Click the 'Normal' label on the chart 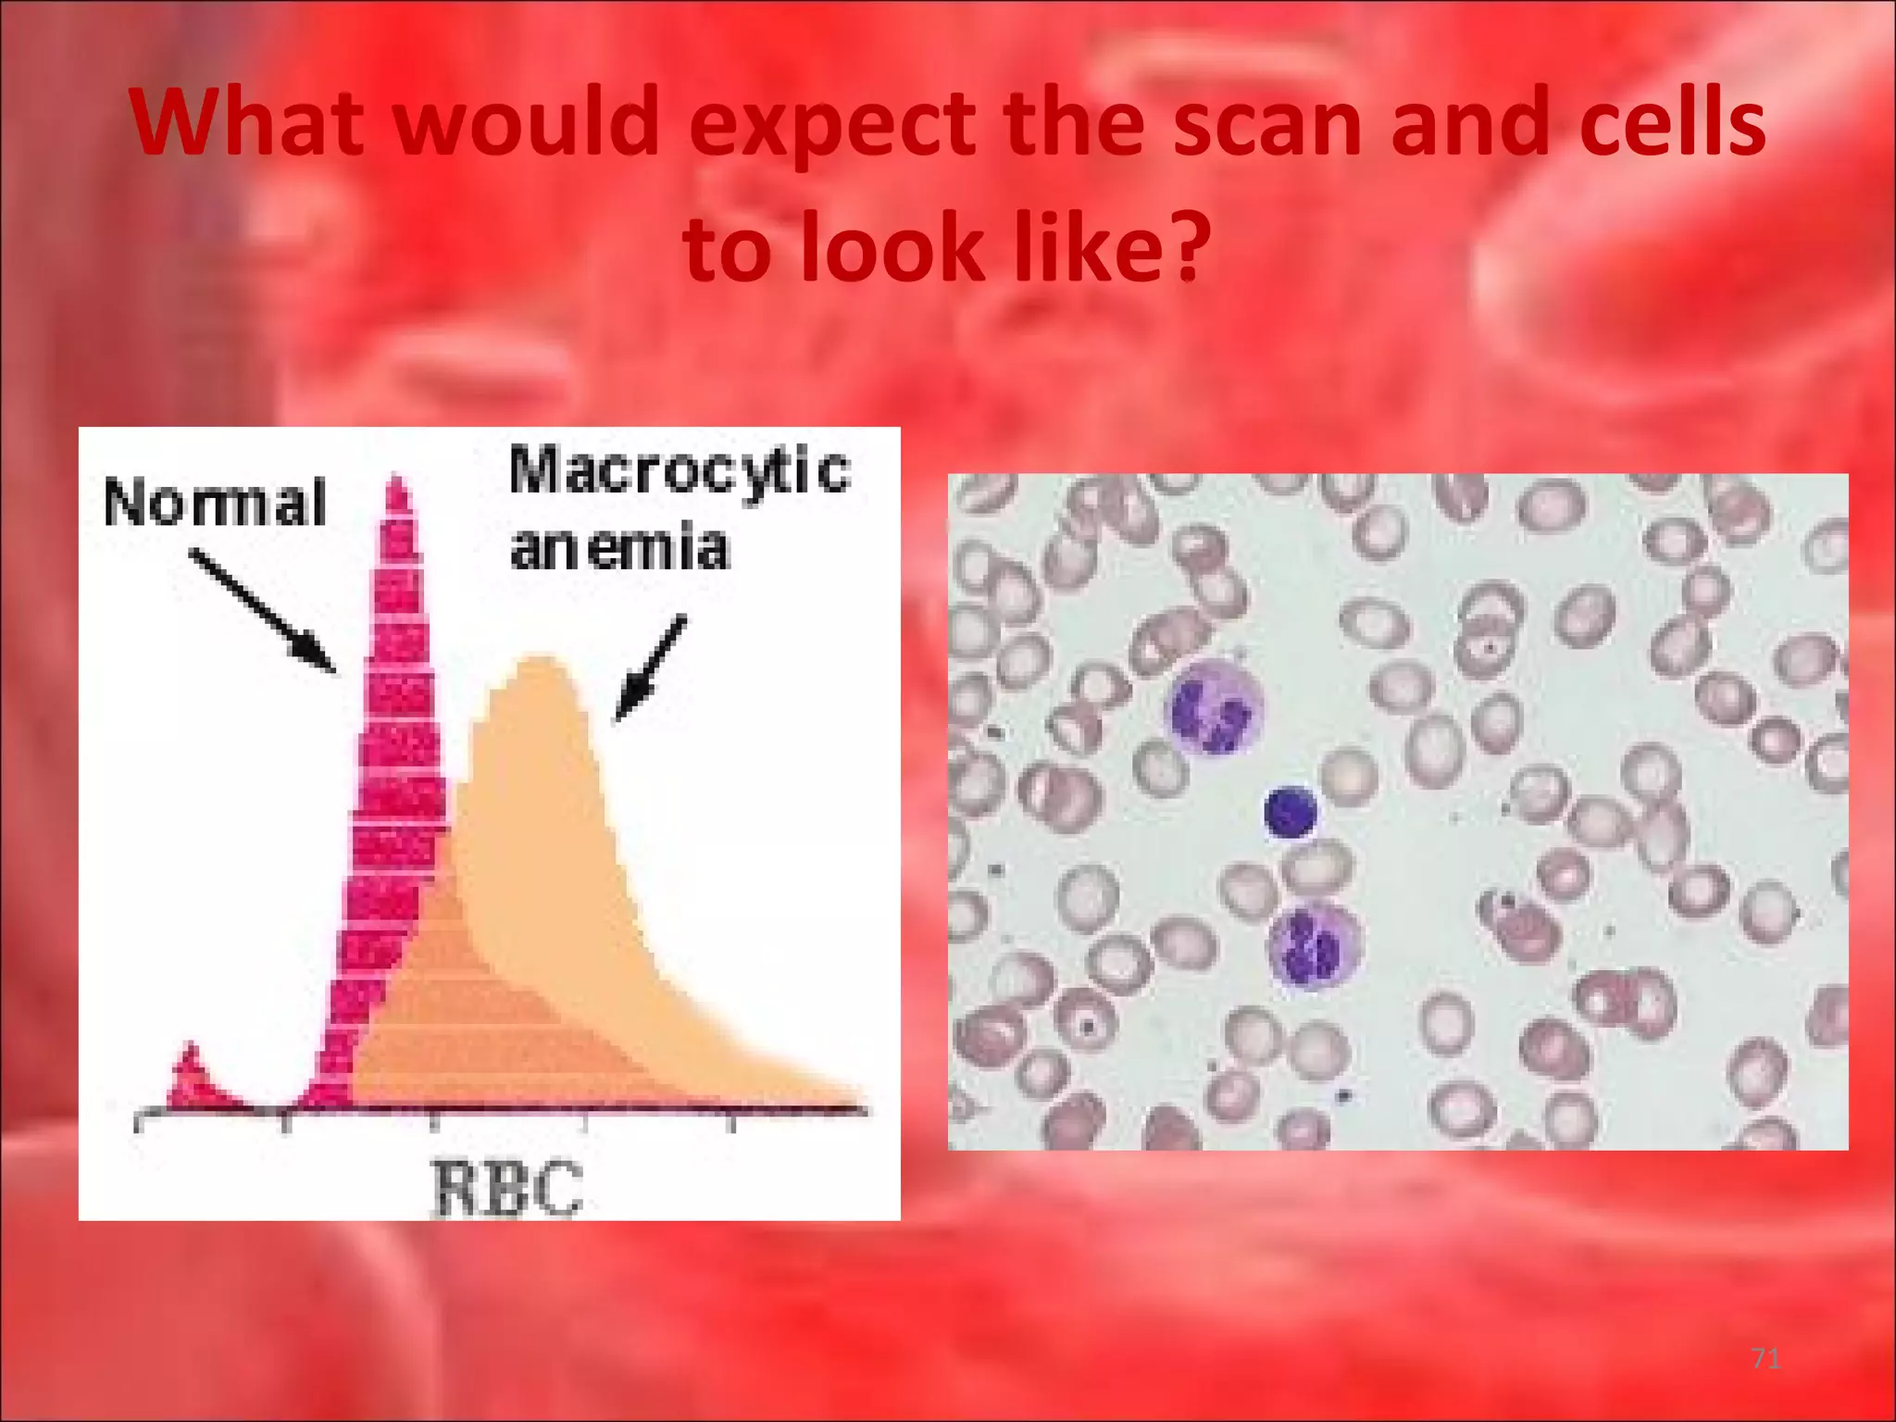(215, 504)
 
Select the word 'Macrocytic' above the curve (679, 470)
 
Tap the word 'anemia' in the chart (619, 548)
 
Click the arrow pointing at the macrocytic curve (651, 667)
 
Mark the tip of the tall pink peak (398, 481)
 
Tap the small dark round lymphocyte (1291, 811)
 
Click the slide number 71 (1767, 1359)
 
